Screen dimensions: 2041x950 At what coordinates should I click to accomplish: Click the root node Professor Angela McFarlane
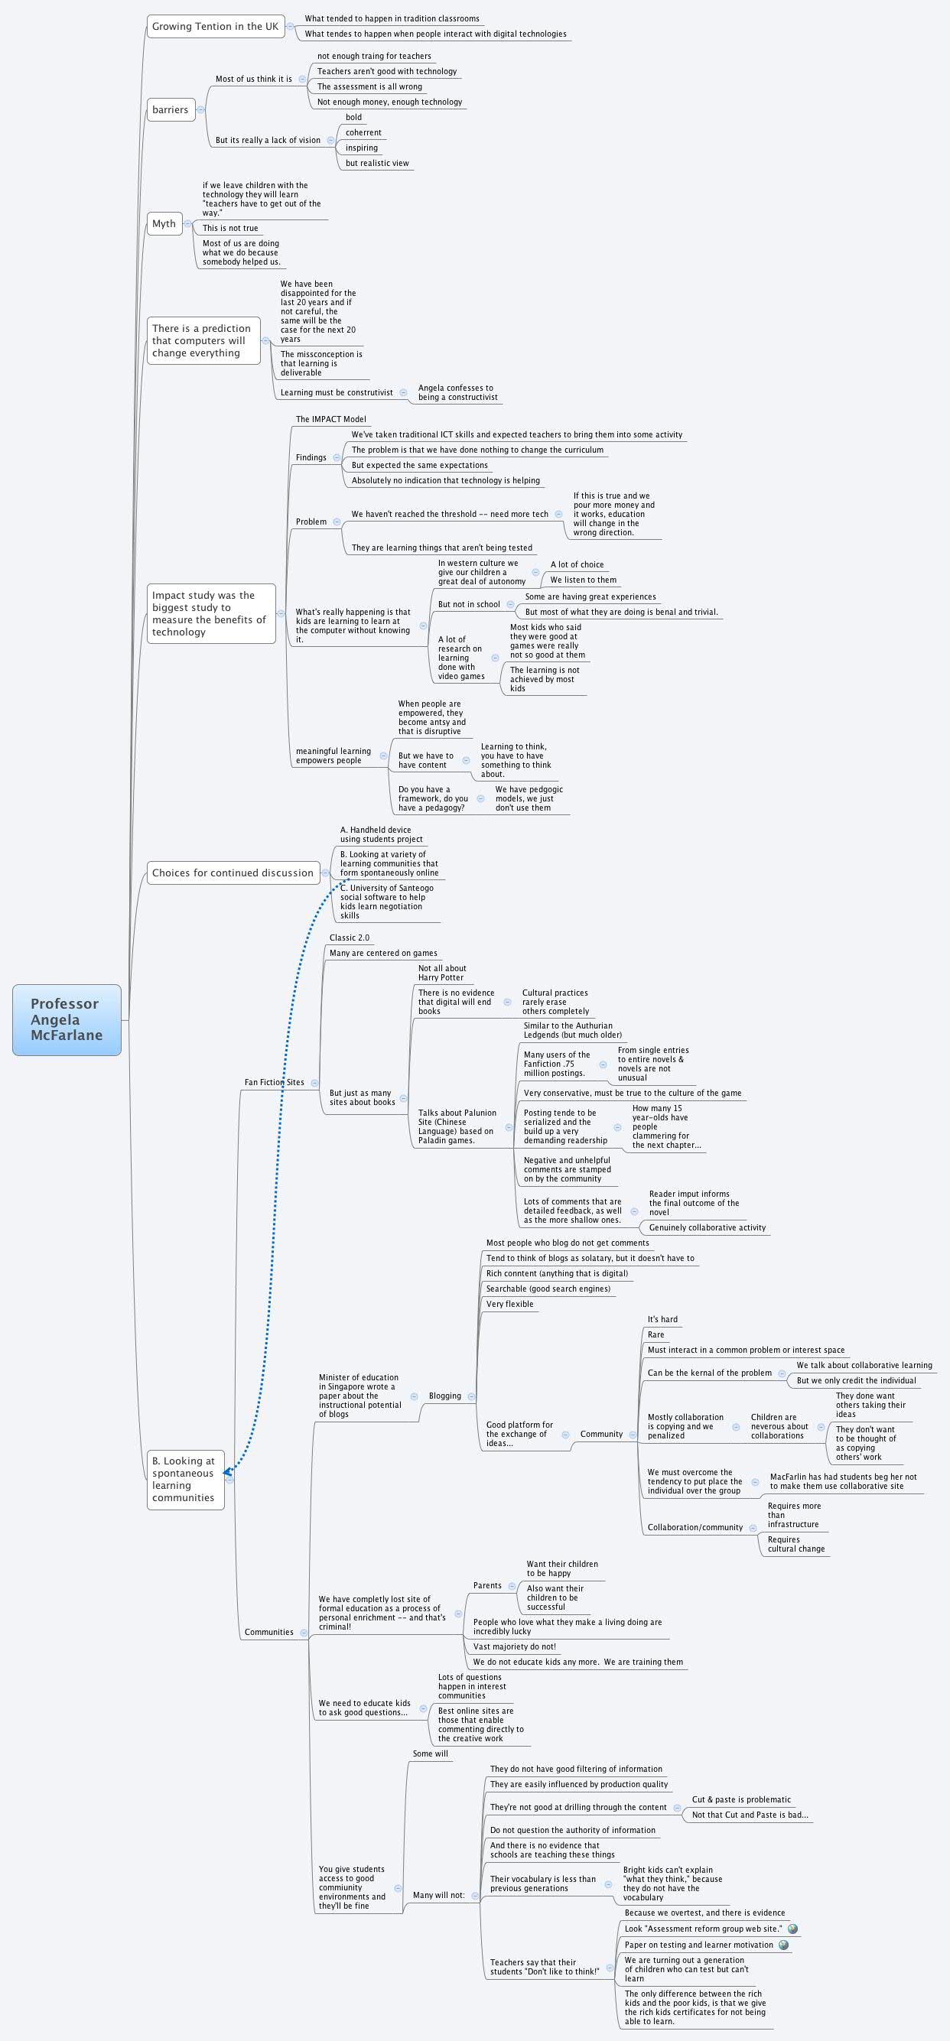[67, 1019]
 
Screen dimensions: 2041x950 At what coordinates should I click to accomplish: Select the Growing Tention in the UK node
[215, 26]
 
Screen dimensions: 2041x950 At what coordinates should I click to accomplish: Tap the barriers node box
[171, 109]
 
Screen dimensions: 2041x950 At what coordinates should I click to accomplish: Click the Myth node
[164, 223]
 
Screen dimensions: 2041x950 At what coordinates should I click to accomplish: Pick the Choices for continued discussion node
[233, 873]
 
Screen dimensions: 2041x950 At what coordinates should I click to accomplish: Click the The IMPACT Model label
[330, 419]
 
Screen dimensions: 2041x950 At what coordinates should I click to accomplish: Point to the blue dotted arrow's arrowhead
[227, 1472]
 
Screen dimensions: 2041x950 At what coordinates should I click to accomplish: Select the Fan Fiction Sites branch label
[273, 1081]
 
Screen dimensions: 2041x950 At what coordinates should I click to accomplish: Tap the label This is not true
[229, 228]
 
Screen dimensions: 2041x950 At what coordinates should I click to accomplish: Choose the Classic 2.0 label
[349, 938]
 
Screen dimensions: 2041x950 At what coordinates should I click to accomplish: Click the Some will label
[429, 1753]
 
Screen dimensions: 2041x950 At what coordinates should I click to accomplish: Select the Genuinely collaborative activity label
[707, 1227]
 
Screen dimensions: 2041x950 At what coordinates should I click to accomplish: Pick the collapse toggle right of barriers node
[200, 109]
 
